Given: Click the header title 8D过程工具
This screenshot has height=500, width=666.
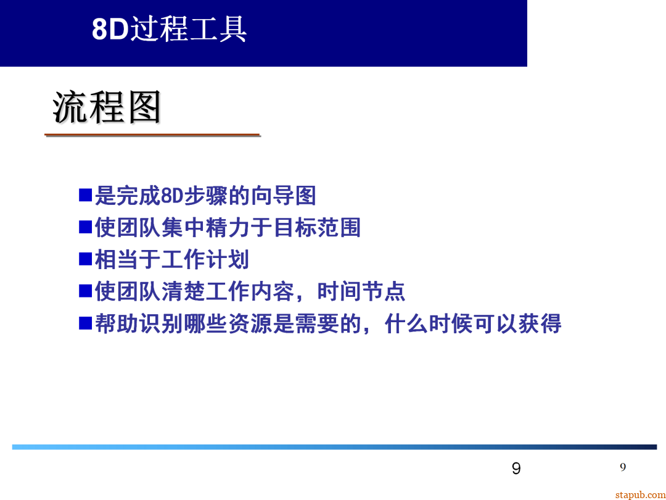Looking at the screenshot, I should [x=169, y=29].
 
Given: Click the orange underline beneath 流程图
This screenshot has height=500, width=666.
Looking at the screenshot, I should [x=152, y=135].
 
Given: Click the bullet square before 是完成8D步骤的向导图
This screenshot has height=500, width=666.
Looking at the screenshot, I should [x=85, y=195].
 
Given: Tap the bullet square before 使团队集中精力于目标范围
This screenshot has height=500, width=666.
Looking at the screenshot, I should [x=85, y=227].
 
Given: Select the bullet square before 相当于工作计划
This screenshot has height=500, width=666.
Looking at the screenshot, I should [x=85, y=259].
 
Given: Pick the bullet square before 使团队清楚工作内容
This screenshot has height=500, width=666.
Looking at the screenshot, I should [x=85, y=291].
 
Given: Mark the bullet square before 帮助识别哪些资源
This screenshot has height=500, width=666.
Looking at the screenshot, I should [x=85, y=323].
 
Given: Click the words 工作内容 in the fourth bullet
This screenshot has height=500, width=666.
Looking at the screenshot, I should [x=250, y=291].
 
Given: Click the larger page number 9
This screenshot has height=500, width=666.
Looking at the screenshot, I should [x=516, y=469].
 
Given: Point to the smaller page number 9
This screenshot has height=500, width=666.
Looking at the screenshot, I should [x=623, y=467].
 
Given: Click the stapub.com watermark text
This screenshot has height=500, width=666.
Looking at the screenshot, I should [x=640, y=494].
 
